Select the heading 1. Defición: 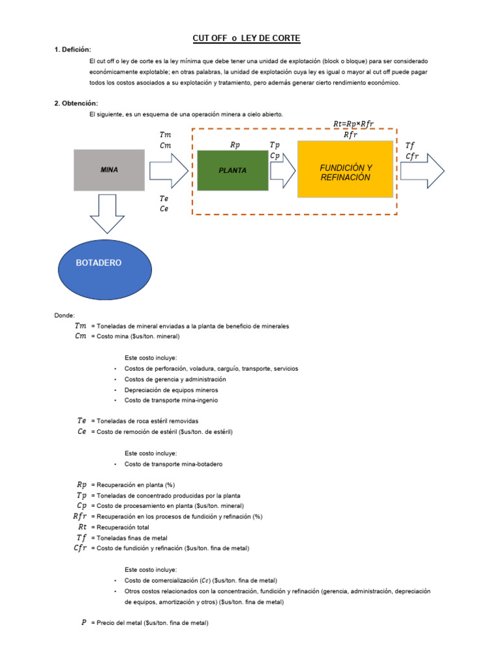coord(73,50)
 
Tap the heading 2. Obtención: coord(75,103)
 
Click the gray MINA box coord(109,170)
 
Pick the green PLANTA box coord(233,170)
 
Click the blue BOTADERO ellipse coord(99,263)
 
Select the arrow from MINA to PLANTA coord(168,170)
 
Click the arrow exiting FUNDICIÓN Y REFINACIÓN coord(422,171)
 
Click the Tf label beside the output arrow coord(409,145)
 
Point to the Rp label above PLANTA coord(235,146)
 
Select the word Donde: coord(64,315)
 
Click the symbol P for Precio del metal coord(84,622)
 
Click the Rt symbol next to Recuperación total coord(82,527)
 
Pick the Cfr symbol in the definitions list coord(80,548)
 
